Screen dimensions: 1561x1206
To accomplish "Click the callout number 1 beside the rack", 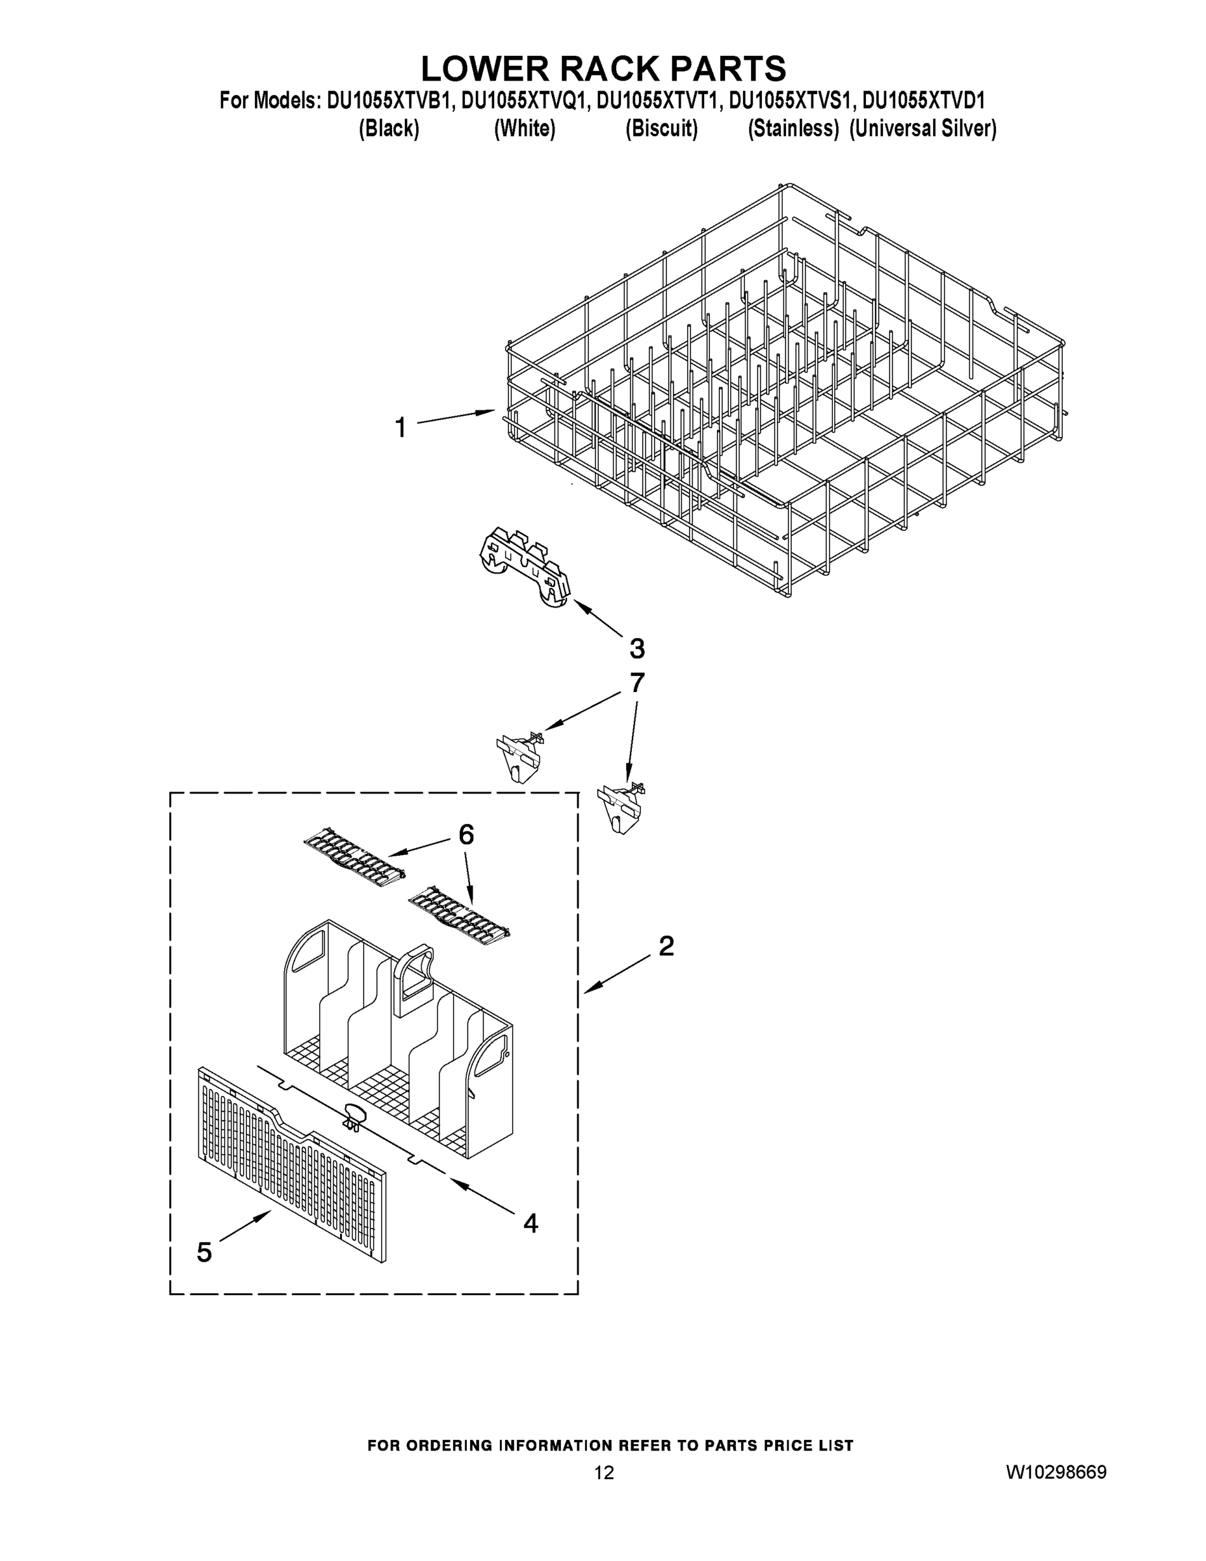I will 401,427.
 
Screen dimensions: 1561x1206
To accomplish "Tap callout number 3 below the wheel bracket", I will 636,648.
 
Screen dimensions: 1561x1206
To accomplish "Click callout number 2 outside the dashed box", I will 666,946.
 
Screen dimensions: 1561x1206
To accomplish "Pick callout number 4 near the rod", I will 530,1223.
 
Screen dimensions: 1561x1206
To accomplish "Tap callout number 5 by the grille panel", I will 204,1251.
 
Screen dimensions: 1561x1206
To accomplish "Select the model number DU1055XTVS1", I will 791,101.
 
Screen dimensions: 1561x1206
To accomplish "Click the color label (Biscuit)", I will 662,129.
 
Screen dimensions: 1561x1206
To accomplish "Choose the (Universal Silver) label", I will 923,129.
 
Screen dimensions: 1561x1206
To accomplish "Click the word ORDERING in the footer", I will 449,1445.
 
